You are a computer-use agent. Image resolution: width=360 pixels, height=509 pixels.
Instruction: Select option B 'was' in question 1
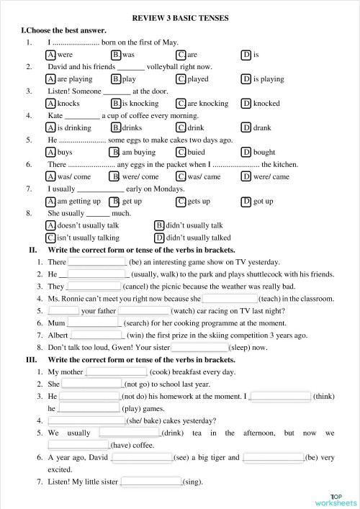[x=116, y=55]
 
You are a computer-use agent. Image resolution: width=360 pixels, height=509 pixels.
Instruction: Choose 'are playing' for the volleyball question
[x=50, y=79]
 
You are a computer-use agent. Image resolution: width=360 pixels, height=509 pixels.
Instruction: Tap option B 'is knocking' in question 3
[x=116, y=104]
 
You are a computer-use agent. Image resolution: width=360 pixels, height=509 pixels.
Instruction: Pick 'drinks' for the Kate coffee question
[x=116, y=128]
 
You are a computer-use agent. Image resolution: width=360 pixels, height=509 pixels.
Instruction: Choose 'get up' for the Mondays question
[x=115, y=201]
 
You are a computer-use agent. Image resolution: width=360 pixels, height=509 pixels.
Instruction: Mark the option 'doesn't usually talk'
[x=50, y=225]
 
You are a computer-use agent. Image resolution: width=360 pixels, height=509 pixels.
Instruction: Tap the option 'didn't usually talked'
[x=159, y=238]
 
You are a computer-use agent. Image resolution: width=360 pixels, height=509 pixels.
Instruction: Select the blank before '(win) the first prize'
[x=98, y=335]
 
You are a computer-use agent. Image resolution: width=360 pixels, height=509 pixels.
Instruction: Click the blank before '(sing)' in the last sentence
[x=151, y=482]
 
